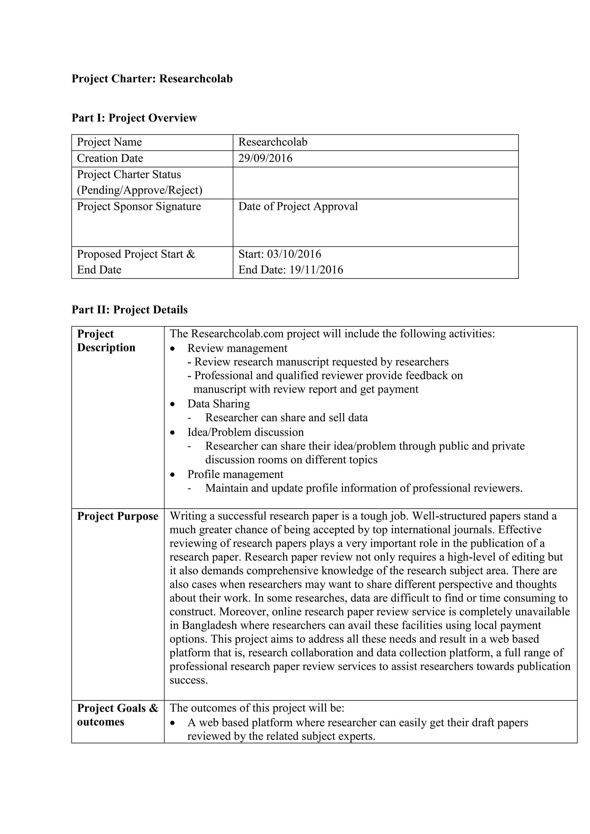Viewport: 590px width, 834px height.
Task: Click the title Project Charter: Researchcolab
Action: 152,79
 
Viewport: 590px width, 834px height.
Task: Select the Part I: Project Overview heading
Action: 134,118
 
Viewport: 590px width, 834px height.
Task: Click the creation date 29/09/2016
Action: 265,158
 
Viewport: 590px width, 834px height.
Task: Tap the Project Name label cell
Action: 109,142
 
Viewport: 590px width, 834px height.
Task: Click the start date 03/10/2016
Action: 294,254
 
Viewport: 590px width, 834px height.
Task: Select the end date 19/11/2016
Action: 316,270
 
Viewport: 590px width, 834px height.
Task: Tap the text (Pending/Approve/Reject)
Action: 139,190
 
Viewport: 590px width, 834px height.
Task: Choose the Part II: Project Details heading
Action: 130,310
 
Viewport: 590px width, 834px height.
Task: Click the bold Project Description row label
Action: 106,341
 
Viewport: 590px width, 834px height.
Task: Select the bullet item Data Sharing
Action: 218,404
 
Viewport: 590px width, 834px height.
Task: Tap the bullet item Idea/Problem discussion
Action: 245,432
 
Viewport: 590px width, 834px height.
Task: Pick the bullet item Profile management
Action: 235,474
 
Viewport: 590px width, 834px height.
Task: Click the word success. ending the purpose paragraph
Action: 189,680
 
